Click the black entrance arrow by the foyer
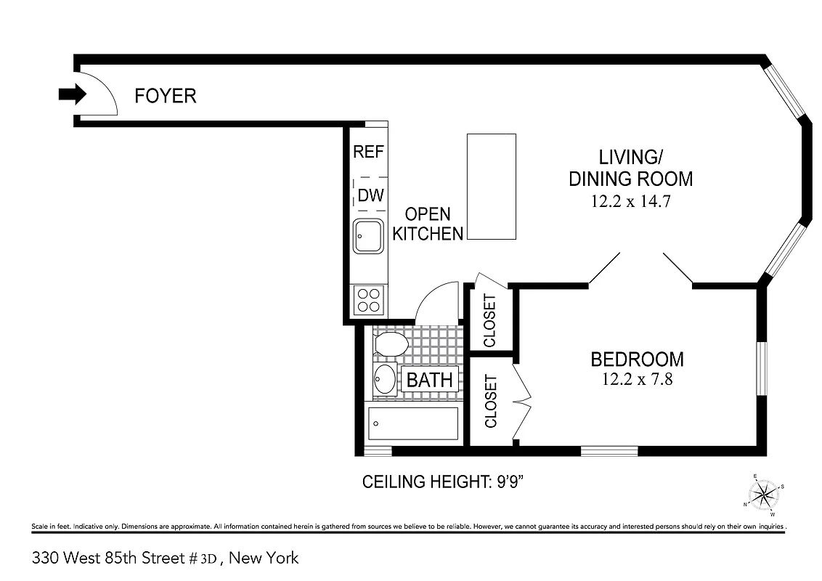tap(72, 94)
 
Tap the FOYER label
tap(166, 95)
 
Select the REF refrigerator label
tap(368, 152)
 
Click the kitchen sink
tap(368, 236)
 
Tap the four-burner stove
tap(369, 300)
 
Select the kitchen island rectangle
tap(491, 187)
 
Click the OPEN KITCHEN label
tap(428, 224)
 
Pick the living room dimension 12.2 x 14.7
tap(630, 202)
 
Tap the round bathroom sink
tap(384, 378)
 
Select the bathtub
tap(413, 423)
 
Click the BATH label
tap(429, 379)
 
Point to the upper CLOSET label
tap(489, 320)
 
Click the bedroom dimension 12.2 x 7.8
tap(636, 379)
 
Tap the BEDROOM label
tap(637, 359)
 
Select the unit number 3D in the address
tap(208, 558)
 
